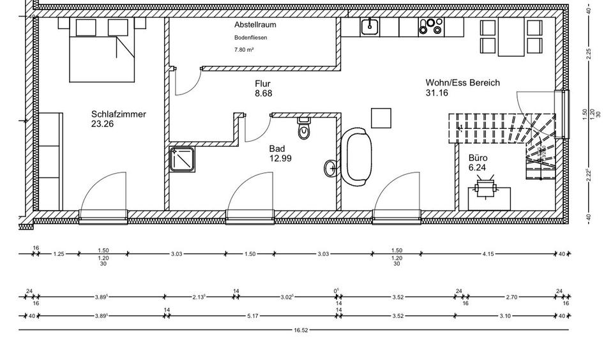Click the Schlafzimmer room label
click(119, 114)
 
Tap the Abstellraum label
click(255, 25)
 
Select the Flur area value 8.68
click(263, 93)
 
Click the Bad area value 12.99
click(280, 158)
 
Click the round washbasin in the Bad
click(331, 168)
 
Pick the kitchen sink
click(369, 27)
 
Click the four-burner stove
click(430, 26)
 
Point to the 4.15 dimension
click(488, 254)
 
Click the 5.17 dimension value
click(252, 315)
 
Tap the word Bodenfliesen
click(250, 38)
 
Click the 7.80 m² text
click(244, 49)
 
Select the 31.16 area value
click(437, 93)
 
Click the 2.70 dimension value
click(511, 297)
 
